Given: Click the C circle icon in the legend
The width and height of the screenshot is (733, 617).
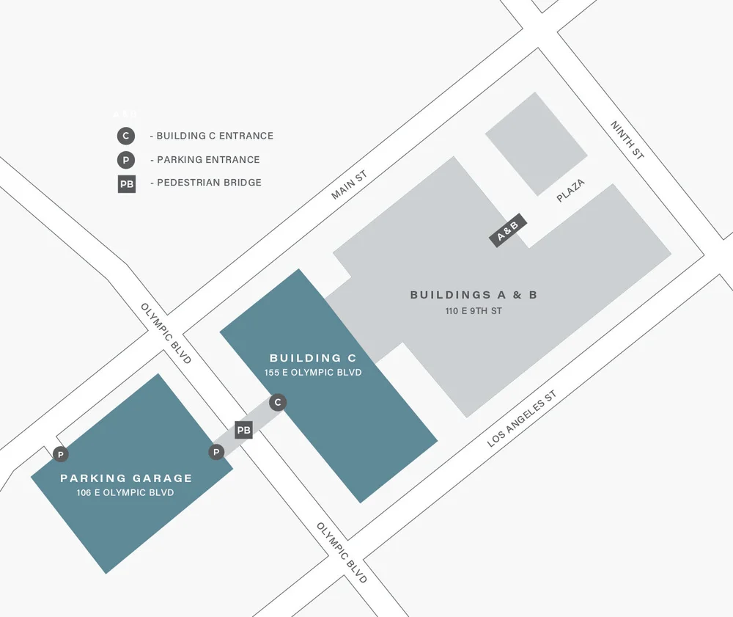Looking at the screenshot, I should (x=126, y=136).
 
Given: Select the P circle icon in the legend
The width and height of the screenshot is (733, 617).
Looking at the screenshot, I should (x=126, y=160).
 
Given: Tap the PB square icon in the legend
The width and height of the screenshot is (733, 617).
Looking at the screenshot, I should (x=126, y=183).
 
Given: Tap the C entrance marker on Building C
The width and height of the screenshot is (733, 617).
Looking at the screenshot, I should (x=277, y=402).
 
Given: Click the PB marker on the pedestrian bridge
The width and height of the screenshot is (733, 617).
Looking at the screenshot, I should (x=243, y=430).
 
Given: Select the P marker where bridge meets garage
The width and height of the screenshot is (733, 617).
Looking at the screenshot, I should (x=216, y=452).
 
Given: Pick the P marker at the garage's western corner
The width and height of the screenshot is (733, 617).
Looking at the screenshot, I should (x=61, y=455).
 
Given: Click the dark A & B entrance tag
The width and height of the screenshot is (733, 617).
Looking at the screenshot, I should (x=507, y=232).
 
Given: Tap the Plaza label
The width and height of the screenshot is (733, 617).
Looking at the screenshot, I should (x=570, y=191).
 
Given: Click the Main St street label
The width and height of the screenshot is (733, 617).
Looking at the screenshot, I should (x=348, y=184).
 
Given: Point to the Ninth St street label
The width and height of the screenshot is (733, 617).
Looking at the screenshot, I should (x=627, y=141).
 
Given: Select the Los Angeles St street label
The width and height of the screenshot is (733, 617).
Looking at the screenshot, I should (x=522, y=419).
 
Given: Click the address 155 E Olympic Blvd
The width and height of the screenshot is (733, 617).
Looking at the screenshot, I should (x=313, y=373).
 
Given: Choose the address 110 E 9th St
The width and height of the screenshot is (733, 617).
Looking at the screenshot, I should (x=474, y=311).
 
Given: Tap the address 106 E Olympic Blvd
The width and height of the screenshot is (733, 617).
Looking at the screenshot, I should (x=125, y=493).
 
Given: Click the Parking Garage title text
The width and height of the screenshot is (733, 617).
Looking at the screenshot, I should (x=126, y=478).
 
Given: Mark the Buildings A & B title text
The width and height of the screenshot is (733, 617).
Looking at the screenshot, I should (x=474, y=295).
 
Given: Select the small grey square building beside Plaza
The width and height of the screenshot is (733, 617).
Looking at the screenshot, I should (x=536, y=144).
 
